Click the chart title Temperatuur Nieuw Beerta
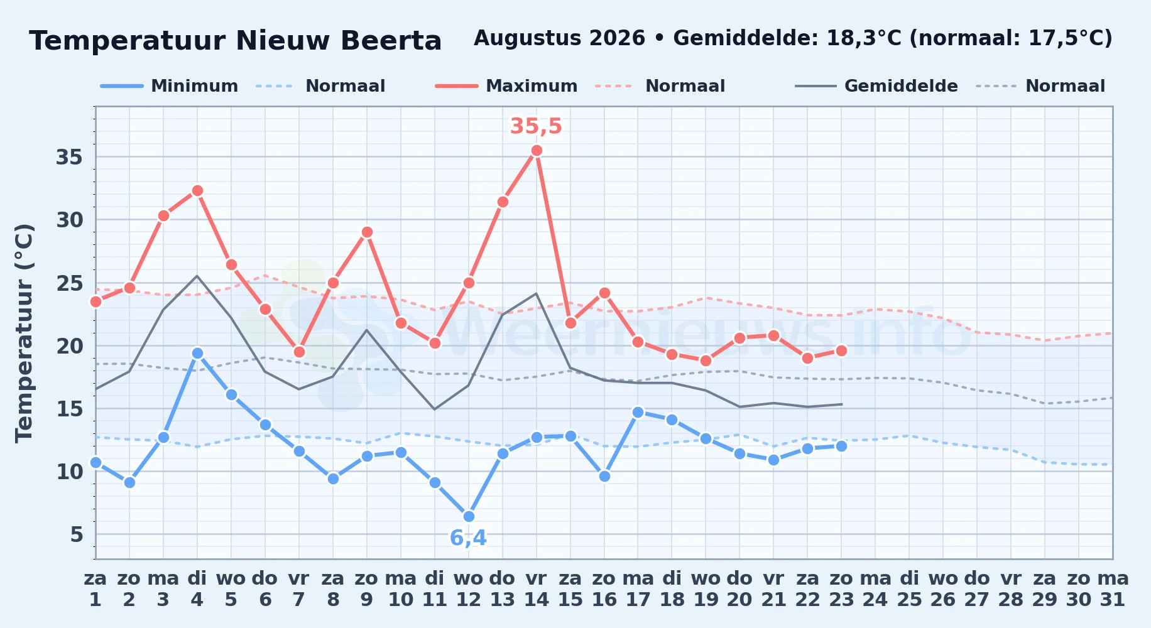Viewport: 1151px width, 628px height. tap(236, 41)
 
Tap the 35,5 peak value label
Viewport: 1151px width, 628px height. tap(536, 126)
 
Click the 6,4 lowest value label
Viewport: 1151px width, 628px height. tap(468, 538)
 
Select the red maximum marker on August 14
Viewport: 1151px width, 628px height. tap(537, 150)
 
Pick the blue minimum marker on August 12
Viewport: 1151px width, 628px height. tap(469, 516)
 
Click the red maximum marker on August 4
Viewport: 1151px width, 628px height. tap(197, 190)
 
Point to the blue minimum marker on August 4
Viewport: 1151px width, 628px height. tap(197, 353)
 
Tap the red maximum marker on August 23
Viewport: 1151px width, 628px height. tap(841, 350)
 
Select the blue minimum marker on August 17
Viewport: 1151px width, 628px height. tap(638, 412)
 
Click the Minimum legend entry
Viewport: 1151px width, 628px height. tap(169, 86)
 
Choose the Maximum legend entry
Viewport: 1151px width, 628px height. tap(506, 86)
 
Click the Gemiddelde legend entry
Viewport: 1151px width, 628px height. tap(876, 86)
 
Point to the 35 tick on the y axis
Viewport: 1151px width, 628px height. tap(69, 157)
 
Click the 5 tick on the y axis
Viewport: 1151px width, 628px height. tap(77, 534)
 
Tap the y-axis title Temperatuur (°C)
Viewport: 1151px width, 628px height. tap(24, 333)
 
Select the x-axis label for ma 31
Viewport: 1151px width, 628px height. tap(1113, 588)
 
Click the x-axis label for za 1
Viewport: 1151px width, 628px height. tap(95, 588)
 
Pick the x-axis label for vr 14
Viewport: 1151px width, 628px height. tap(537, 588)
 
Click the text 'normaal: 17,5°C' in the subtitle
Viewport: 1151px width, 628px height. tap(1012, 38)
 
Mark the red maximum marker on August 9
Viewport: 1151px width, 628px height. tap(367, 232)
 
